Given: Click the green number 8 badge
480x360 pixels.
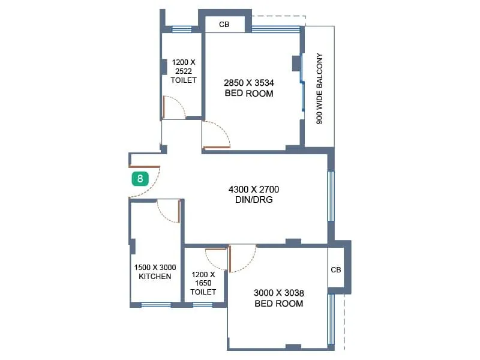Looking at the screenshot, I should coord(140,178).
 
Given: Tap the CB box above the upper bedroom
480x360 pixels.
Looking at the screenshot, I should coord(224,25).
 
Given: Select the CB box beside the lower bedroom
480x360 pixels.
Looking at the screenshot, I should coord(336,270).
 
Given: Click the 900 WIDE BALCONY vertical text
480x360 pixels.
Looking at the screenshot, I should coord(320,89).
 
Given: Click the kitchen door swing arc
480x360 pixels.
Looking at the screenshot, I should coord(168,211).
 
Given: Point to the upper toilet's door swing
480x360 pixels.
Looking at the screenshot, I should coord(174,107).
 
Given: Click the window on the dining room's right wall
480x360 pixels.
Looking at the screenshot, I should coord(331,196).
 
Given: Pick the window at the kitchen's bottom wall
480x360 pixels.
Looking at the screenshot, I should coord(156,305).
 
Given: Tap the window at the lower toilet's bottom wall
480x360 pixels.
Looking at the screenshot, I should coord(203,305).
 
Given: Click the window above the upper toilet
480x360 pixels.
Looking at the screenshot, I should coord(182,29).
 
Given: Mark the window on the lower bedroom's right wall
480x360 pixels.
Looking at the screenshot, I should coord(331,319).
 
